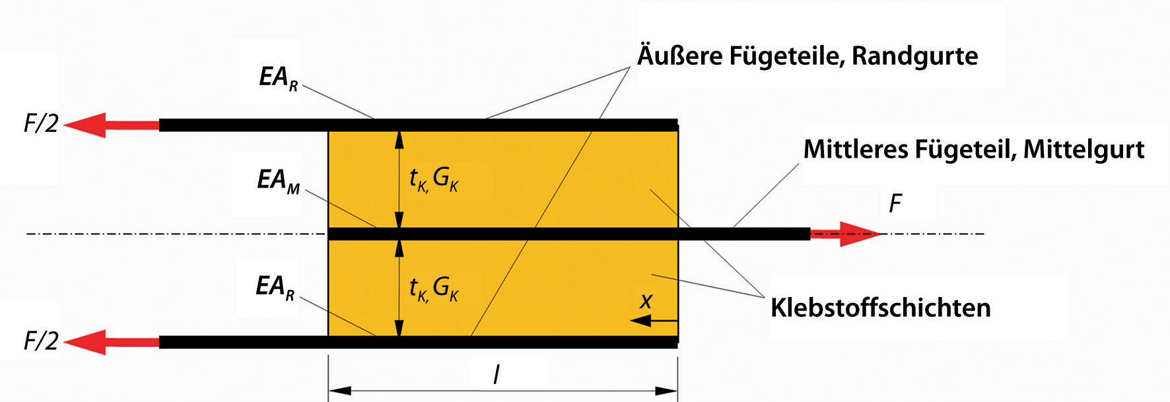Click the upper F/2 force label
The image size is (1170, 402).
pyautogui.click(x=41, y=123)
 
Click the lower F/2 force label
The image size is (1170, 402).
pyautogui.click(x=41, y=341)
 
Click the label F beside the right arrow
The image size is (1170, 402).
pyautogui.click(x=895, y=203)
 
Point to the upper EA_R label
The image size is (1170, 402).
pyautogui.click(x=278, y=78)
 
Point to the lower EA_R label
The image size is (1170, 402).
pyautogui.click(x=275, y=287)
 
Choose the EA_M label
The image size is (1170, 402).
pyautogui.click(x=278, y=180)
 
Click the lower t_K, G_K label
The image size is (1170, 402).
pyautogui.click(x=433, y=288)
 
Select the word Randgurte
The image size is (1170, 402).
pyautogui.click(x=914, y=56)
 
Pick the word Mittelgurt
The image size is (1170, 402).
pyautogui.click(x=1084, y=150)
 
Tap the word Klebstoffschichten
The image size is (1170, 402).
pyautogui.click(x=880, y=308)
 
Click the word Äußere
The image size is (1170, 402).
pyautogui.click(x=679, y=56)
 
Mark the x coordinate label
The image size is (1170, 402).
pyautogui.click(x=646, y=302)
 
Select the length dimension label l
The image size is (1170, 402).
pyautogui.click(x=497, y=375)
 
